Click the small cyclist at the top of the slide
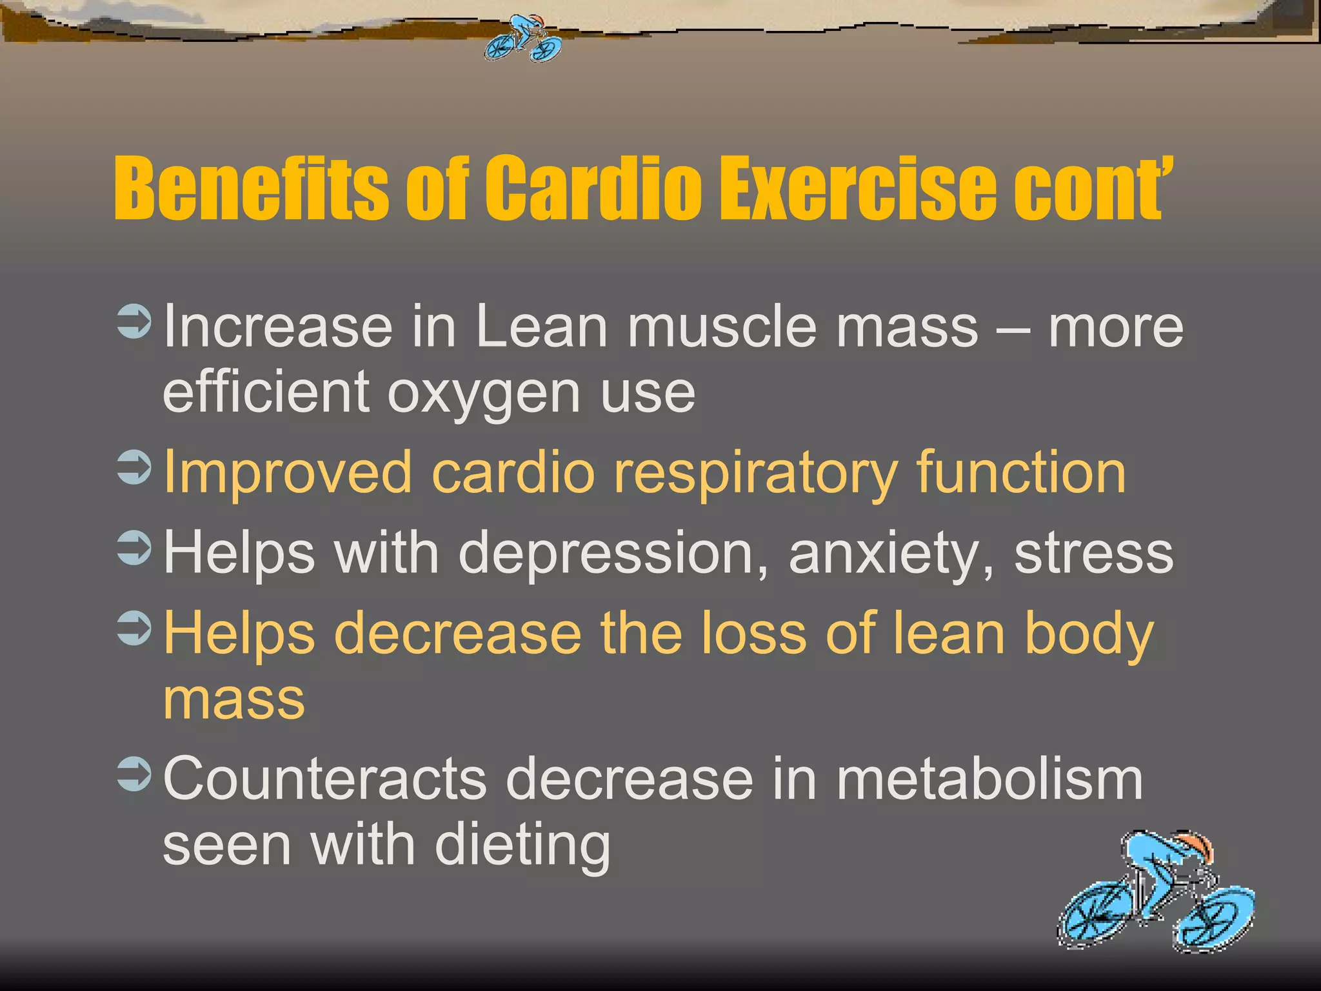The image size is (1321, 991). tap(524, 39)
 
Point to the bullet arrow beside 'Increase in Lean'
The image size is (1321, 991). tap(135, 322)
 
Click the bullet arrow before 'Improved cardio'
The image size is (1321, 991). tap(135, 467)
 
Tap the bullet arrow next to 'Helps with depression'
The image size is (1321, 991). tap(135, 548)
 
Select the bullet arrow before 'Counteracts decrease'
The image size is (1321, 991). tap(135, 774)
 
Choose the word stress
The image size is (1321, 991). tap(1094, 553)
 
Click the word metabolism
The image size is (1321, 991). tap(989, 779)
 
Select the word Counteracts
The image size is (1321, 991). tap(324, 779)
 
